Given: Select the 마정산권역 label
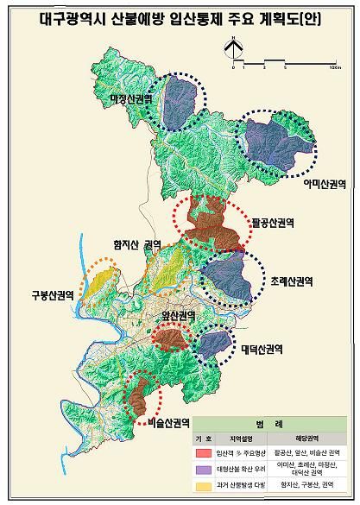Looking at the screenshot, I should coord(131,98).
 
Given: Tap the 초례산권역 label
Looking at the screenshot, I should coord(290,281).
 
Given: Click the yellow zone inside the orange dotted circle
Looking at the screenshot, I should coord(101,281).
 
